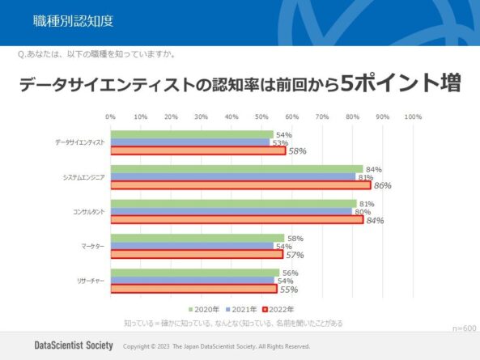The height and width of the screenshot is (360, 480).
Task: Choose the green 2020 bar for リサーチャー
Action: [x=194, y=273]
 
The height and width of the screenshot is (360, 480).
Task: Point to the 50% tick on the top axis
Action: [x=261, y=117]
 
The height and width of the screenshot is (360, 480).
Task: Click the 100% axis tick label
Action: [x=413, y=117]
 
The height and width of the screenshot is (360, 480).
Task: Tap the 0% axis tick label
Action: [x=110, y=117]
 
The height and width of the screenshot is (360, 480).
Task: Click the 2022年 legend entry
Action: [x=280, y=309]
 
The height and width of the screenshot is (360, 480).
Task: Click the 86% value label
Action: [x=382, y=186]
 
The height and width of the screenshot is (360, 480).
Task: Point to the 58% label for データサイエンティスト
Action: [x=297, y=151]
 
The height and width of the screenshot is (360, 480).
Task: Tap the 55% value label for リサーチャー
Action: [x=288, y=290]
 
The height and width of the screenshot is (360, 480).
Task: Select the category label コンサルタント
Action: [x=83, y=211]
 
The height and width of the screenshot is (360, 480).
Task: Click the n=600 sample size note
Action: [x=464, y=328]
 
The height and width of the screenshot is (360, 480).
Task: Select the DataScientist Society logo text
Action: [x=74, y=345]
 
